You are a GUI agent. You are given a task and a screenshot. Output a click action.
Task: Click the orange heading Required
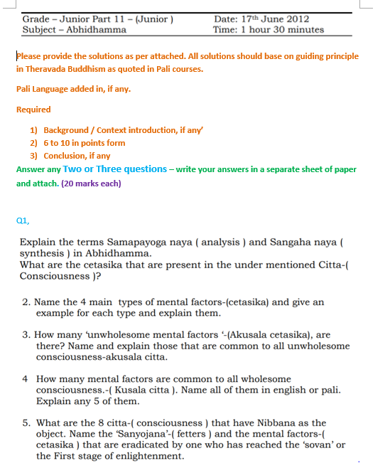33,110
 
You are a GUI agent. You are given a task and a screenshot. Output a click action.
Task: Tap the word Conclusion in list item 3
67,156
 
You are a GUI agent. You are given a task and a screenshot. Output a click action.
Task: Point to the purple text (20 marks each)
91,183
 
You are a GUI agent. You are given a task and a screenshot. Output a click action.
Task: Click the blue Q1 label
22,220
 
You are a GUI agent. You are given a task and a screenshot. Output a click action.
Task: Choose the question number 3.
26,334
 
